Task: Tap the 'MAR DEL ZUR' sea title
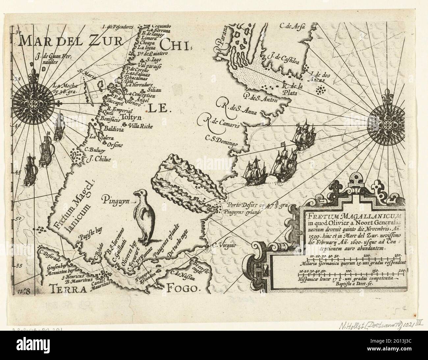coord(70,42)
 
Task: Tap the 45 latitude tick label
coord(18,172)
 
